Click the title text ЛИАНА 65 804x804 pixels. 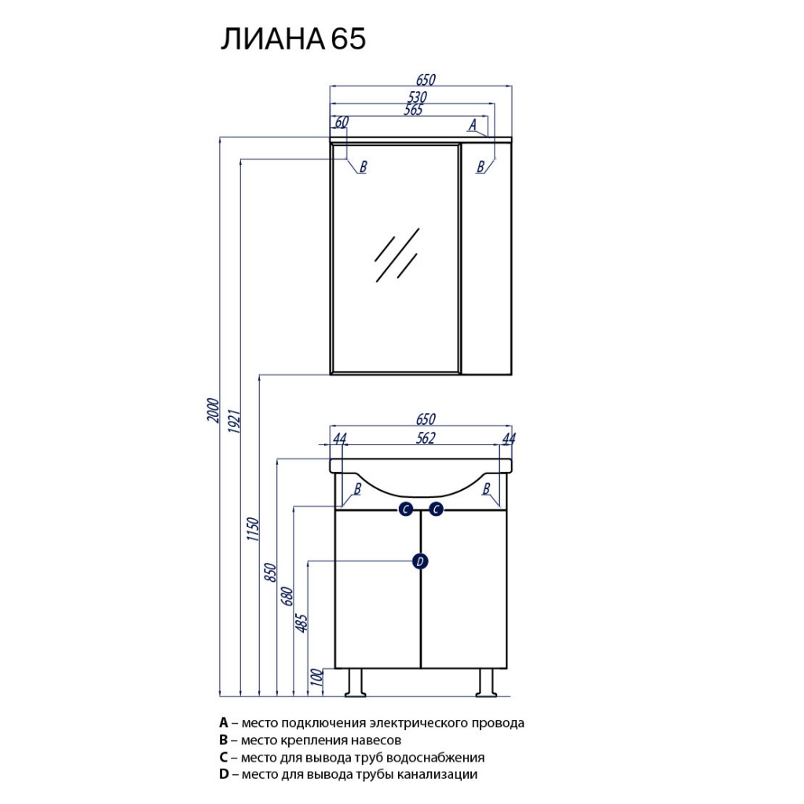click(293, 39)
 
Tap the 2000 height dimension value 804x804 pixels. click(213, 410)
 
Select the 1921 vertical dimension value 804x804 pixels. click(234, 421)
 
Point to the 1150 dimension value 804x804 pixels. click(253, 529)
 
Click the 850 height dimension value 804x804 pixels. click(270, 572)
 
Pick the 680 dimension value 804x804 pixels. click(287, 597)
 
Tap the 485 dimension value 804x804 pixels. click(302, 623)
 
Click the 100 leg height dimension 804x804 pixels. click(318, 678)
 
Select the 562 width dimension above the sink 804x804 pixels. click(426, 438)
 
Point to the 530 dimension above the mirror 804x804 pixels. click(418, 97)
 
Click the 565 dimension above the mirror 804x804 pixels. click(413, 110)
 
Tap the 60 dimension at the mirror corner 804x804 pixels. click(342, 122)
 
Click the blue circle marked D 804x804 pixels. click(420, 561)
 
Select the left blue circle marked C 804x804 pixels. click(406, 509)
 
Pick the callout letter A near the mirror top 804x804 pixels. click(473, 125)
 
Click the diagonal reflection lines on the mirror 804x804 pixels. click(397, 255)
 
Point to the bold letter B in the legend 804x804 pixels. click(223, 740)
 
